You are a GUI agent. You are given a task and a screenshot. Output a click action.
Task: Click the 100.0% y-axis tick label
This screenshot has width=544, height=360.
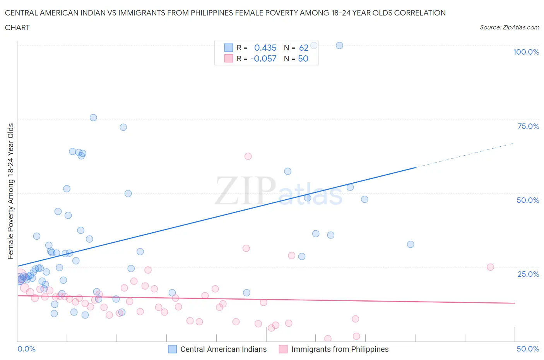tap(526, 52)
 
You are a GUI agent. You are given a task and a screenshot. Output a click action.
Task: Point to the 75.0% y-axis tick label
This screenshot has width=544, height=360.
tap(528, 126)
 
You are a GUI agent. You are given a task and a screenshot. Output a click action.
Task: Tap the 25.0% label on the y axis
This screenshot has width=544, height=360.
tap(528, 274)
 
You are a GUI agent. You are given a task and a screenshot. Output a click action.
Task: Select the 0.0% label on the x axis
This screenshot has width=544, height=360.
tap(26, 349)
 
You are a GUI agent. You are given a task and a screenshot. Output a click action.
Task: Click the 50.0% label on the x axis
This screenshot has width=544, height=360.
tap(528, 349)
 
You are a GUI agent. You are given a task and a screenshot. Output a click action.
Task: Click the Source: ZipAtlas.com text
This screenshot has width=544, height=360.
tap(509, 27)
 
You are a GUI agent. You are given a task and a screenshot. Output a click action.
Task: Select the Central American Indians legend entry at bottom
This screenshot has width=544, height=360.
tap(218, 349)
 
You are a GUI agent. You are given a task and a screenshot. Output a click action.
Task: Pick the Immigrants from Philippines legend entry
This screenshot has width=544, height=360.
tap(334, 349)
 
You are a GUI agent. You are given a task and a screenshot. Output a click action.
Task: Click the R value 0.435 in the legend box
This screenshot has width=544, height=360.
tap(265, 48)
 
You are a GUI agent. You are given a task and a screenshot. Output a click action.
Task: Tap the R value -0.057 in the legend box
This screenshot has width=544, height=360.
tap(263, 58)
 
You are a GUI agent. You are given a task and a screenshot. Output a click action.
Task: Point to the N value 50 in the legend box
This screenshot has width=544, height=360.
tap(303, 58)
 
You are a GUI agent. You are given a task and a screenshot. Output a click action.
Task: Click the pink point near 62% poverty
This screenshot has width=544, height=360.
tap(248, 156)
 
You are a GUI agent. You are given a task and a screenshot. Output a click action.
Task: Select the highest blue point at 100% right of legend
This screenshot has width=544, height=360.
tap(339, 45)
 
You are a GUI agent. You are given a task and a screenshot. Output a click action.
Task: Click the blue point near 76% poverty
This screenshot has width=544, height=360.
tap(93, 118)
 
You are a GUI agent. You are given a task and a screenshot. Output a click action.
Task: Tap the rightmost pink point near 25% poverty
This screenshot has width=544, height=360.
tap(490, 267)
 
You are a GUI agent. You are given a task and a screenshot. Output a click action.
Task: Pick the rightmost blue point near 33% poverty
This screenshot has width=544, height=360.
tap(411, 244)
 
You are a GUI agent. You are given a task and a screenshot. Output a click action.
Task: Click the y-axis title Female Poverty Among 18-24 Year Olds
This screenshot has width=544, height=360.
tap(11, 191)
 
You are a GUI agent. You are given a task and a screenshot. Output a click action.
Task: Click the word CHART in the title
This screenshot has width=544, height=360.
tap(17, 27)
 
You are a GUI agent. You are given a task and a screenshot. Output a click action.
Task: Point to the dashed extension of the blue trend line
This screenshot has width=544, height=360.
tap(464, 155)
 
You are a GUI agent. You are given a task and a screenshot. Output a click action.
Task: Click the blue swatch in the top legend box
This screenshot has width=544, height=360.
tap(229, 48)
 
